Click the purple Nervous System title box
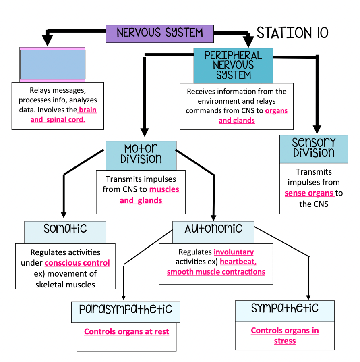tap(159, 33)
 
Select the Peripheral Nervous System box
tap(233, 65)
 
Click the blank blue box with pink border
tap(52, 64)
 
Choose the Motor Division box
tap(141, 155)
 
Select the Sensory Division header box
tap(314, 148)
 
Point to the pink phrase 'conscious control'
tap(77, 263)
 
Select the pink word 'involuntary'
tap(234, 252)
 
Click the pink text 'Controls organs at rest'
tap(126, 332)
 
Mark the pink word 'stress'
tap(285, 341)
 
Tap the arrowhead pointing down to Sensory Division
tap(318, 129)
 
